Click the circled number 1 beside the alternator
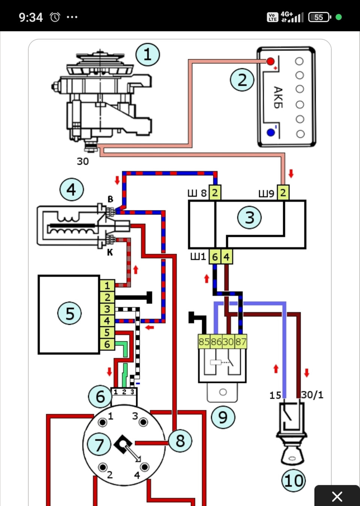[147, 55]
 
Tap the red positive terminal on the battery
[270, 61]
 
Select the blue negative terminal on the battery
[271, 132]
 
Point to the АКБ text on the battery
[278, 97]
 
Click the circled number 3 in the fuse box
[249, 218]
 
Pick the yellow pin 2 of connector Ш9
[283, 193]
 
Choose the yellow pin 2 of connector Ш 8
[214, 193]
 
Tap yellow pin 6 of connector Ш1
[215, 257]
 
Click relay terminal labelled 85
[204, 342]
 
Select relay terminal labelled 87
[241, 342]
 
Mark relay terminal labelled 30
[228, 342]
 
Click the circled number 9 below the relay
[223, 417]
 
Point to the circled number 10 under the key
[294, 480]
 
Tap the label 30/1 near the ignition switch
[312, 395]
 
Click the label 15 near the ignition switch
[275, 395]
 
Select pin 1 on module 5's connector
[107, 285]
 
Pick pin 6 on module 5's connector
[107, 344]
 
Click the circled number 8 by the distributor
[180, 441]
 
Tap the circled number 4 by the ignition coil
[72, 190]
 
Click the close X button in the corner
[337, 496]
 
